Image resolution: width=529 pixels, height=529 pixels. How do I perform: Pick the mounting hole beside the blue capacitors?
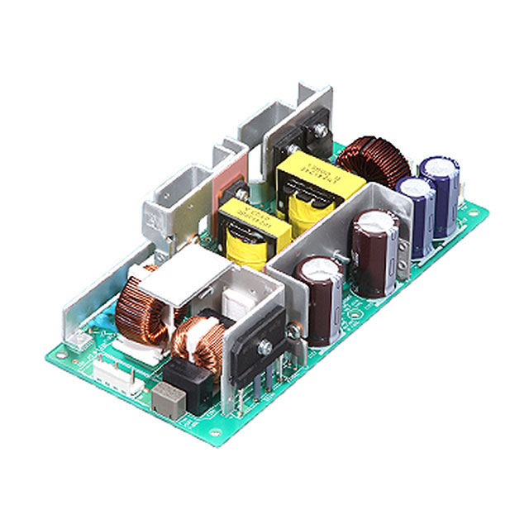click(472, 213)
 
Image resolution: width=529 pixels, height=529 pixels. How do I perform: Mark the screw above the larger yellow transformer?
click(318, 131)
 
